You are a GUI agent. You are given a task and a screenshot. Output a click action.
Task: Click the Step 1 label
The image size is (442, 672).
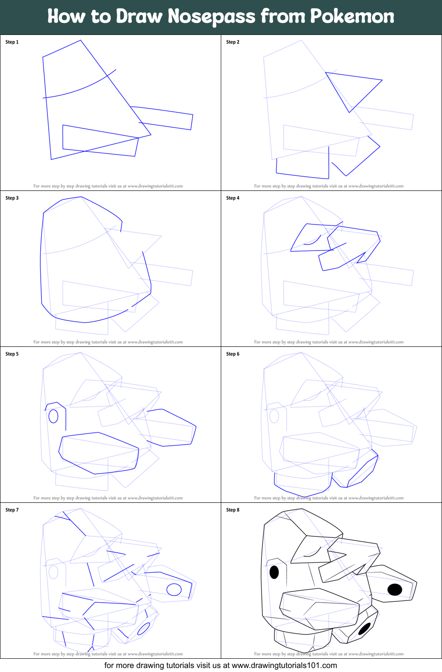pyautogui.click(x=12, y=42)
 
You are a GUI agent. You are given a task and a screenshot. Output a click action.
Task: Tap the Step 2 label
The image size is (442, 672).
pyautogui.click(x=233, y=42)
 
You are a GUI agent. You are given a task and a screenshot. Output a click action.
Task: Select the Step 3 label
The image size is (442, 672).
pyautogui.click(x=12, y=198)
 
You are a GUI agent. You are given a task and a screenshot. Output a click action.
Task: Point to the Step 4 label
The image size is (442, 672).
pyautogui.click(x=233, y=198)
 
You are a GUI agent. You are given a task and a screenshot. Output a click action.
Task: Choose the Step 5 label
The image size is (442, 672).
pyautogui.click(x=12, y=354)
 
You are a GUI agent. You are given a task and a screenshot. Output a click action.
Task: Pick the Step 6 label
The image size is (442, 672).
pyautogui.click(x=233, y=354)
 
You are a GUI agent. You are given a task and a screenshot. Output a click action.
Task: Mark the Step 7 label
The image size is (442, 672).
pyautogui.click(x=12, y=510)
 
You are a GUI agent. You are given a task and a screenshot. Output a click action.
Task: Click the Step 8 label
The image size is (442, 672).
pyautogui.click(x=233, y=510)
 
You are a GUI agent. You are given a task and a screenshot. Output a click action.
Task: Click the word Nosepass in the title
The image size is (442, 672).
pyautogui.click(x=211, y=17)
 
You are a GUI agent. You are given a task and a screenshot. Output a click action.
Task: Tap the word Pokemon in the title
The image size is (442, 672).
pyautogui.click(x=352, y=16)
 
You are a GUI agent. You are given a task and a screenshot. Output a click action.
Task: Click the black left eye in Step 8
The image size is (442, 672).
pyautogui.click(x=274, y=572)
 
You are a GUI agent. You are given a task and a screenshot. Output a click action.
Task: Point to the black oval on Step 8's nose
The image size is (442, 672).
pyautogui.click(x=395, y=589)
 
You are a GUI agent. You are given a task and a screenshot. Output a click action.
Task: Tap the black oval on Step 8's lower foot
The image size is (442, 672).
pyautogui.click(x=365, y=629)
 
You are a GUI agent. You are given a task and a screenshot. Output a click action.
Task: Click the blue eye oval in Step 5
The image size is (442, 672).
pyautogui.click(x=54, y=416)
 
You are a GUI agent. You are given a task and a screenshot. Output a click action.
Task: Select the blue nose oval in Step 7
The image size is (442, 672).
pyautogui.click(x=174, y=589)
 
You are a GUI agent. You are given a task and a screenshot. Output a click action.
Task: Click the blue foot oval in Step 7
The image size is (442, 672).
pyautogui.click(x=144, y=629)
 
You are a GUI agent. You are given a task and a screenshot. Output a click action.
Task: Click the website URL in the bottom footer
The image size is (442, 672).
pyautogui.click(x=284, y=665)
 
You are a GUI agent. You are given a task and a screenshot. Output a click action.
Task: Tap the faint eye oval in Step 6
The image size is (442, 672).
pyautogui.click(x=274, y=416)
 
